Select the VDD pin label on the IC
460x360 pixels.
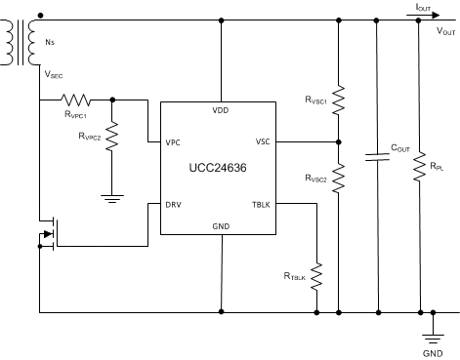tap(221, 110)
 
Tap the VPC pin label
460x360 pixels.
tap(173, 142)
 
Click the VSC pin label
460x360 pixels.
tap(263, 141)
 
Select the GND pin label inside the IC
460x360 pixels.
tap(221, 226)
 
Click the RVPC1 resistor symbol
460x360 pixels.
tap(76, 99)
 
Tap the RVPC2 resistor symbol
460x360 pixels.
tap(112, 138)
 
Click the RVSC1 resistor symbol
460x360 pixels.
tap(338, 100)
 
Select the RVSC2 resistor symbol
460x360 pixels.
tap(338, 180)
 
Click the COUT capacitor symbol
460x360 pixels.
tap(377, 156)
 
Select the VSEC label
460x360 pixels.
tap(53, 73)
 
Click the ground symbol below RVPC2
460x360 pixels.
tap(112, 198)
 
